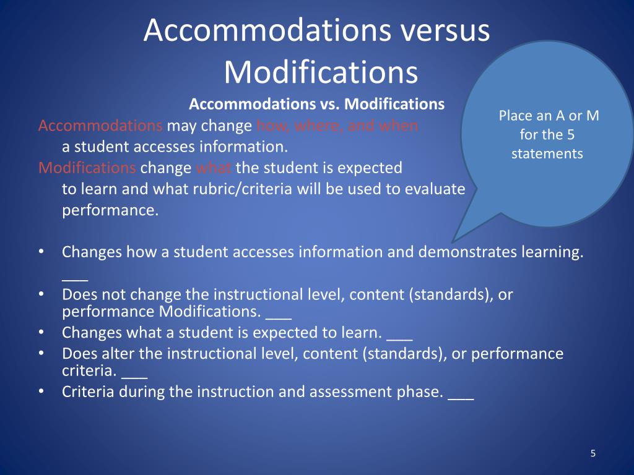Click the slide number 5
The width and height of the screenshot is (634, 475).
coord(593,454)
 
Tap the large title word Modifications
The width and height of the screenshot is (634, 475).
coord(321,72)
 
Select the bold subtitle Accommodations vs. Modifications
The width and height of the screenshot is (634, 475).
coord(316,104)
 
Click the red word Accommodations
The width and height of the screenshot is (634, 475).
coord(100,126)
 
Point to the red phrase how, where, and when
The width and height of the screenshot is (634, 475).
coord(337,126)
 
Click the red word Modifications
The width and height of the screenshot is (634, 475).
coord(87,168)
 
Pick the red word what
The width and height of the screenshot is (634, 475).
coord(214,168)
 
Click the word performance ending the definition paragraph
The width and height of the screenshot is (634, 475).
coord(110,210)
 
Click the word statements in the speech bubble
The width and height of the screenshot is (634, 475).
coord(547,153)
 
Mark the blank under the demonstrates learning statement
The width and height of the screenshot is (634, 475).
coord(75,273)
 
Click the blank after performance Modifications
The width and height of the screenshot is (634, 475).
coord(278,313)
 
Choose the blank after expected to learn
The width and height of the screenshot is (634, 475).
coord(399,333)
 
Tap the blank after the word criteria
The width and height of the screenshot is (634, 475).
coord(134,372)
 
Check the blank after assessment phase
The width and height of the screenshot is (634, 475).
coord(460,393)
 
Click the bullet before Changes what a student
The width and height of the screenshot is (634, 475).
coord(41,333)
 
